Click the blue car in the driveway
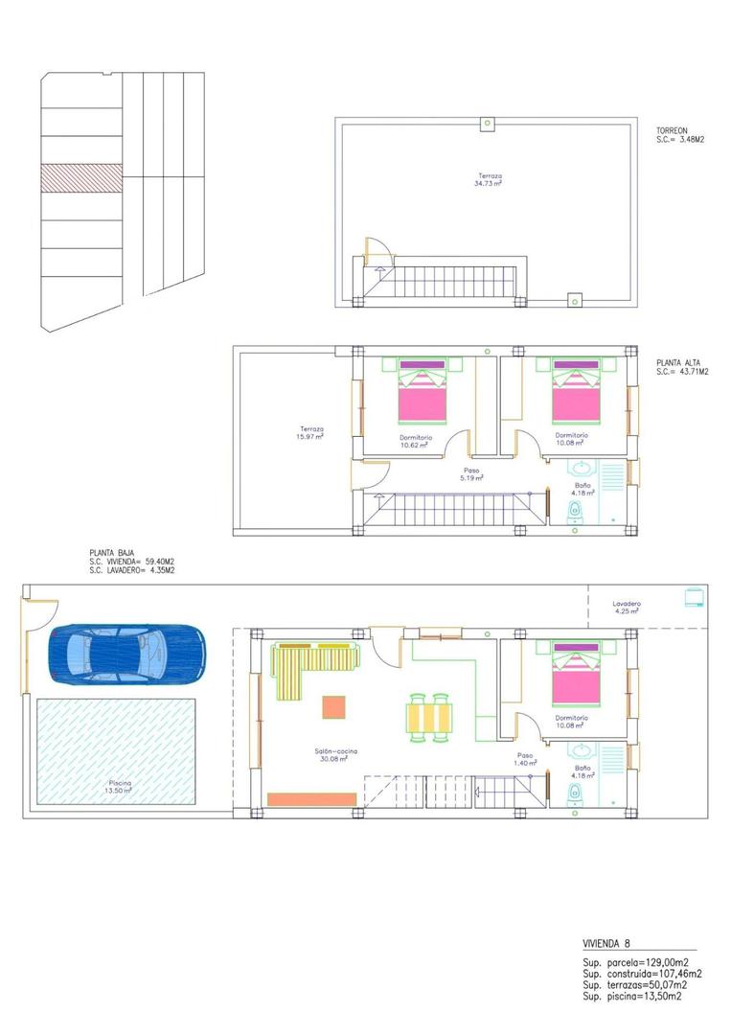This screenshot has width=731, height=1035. click(x=126, y=654)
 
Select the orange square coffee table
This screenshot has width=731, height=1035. click(x=333, y=707)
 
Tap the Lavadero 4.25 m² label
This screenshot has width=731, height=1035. click(x=628, y=608)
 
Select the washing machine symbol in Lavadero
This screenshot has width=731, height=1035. click(x=693, y=598)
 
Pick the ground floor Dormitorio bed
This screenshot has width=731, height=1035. click(x=577, y=677)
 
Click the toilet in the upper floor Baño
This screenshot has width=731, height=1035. click(x=576, y=511)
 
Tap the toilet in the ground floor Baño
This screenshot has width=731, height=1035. click(x=576, y=793)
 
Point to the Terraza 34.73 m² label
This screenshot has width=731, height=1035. click(x=491, y=179)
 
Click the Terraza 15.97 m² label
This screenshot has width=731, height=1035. click(x=310, y=432)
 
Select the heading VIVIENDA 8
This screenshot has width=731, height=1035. click(x=606, y=943)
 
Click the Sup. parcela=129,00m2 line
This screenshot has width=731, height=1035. click(x=633, y=962)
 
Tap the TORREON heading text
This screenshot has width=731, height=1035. click(x=673, y=130)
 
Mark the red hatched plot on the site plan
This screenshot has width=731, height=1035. click(x=80, y=178)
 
